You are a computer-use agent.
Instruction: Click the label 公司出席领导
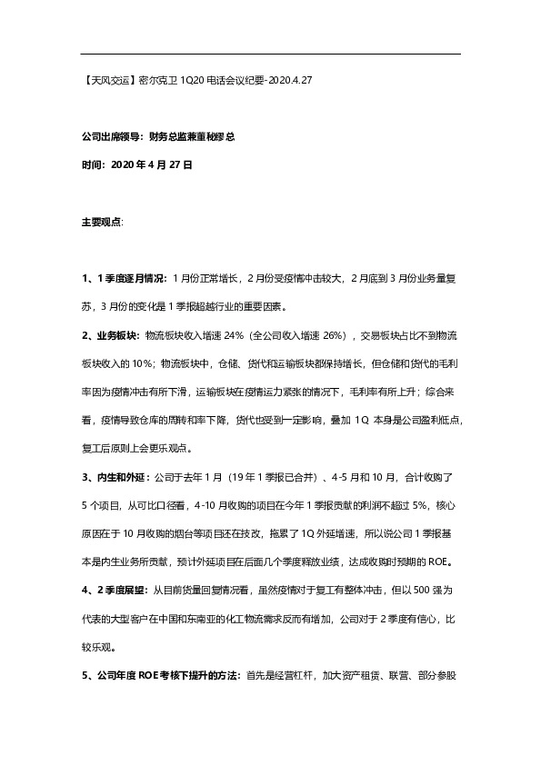110,138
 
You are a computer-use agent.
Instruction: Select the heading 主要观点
101,222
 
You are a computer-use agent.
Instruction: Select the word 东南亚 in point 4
230,619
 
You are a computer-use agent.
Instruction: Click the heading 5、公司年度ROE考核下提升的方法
161,676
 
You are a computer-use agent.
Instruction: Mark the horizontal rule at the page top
270,54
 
